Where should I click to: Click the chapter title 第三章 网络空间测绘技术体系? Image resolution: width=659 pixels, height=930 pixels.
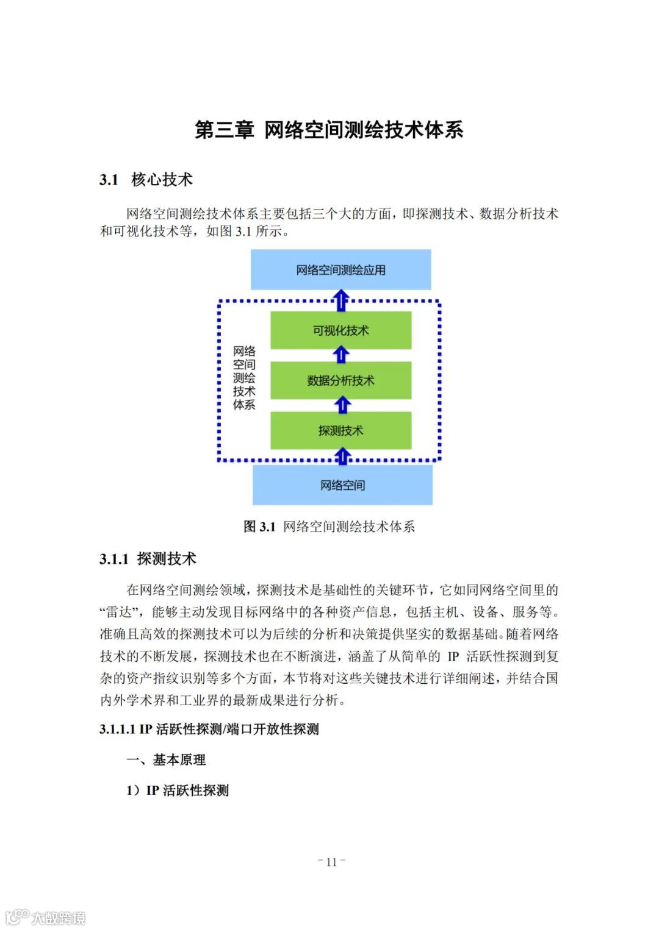pyautogui.click(x=329, y=130)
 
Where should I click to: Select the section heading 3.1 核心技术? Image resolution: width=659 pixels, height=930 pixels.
pyautogui.click(x=146, y=180)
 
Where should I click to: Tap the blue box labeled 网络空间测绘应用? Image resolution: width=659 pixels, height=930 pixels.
pyautogui.click(x=340, y=269)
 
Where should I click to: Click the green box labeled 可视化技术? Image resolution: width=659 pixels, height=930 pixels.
pyautogui.click(x=340, y=330)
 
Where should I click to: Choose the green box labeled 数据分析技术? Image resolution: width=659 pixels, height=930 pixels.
pyautogui.click(x=340, y=380)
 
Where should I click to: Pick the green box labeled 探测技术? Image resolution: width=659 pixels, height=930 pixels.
pyautogui.click(x=340, y=430)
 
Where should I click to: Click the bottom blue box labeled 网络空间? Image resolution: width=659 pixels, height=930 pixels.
pyautogui.click(x=342, y=485)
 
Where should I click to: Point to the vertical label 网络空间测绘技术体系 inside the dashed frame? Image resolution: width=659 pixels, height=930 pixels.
pyautogui.click(x=244, y=378)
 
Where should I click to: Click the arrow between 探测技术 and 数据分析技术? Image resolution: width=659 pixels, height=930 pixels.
pyautogui.click(x=343, y=403)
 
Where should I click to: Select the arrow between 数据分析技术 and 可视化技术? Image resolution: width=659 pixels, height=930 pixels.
pyautogui.click(x=342, y=354)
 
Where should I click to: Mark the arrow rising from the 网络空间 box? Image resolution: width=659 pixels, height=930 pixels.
pyautogui.click(x=343, y=456)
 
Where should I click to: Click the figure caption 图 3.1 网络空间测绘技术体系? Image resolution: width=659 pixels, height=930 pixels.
pyautogui.click(x=329, y=527)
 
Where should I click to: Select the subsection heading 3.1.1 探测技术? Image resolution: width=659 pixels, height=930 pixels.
pyautogui.click(x=148, y=559)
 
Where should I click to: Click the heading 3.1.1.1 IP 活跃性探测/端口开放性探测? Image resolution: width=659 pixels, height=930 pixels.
pyautogui.click(x=209, y=729)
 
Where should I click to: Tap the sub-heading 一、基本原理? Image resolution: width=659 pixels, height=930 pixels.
pyautogui.click(x=166, y=760)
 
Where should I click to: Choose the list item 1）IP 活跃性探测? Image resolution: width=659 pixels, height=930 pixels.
pyautogui.click(x=177, y=790)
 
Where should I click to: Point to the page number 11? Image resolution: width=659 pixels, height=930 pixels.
pyautogui.click(x=331, y=862)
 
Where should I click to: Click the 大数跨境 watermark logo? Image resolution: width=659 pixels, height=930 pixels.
pyautogui.click(x=45, y=917)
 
